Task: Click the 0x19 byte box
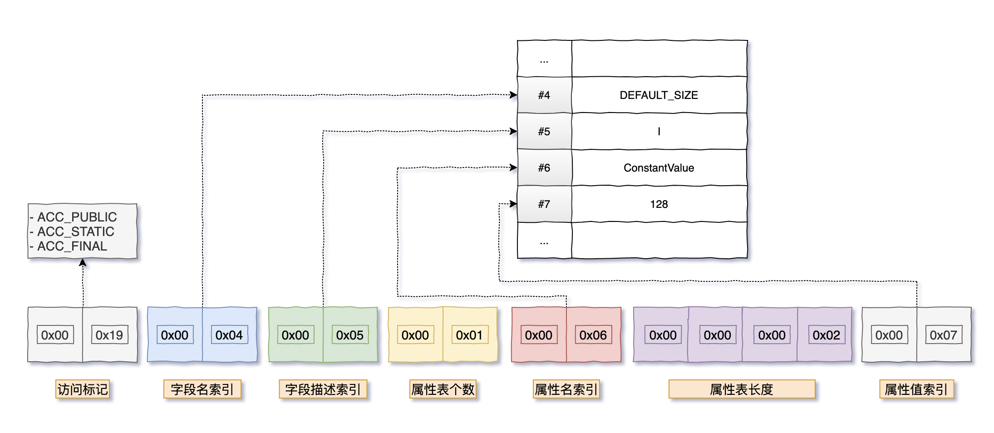(x=109, y=335)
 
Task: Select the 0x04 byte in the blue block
(x=229, y=335)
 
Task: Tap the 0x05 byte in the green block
(x=350, y=335)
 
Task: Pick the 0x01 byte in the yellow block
(x=470, y=335)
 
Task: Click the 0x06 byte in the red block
(x=593, y=335)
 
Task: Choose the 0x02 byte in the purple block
(x=827, y=335)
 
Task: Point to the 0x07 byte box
(x=944, y=335)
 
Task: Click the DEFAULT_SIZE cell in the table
(x=659, y=95)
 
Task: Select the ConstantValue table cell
(x=659, y=167)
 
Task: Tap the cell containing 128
(x=659, y=204)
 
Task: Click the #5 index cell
(x=544, y=131)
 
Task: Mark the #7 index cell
(x=544, y=204)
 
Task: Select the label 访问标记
(x=83, y=389)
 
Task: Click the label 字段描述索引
(x=323, y=389)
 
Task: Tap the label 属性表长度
(x=742, y=389)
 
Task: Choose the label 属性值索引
(x=916, y=389)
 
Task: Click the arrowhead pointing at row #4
(x=513, y=95)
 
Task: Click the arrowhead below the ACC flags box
(x=83, y=262)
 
